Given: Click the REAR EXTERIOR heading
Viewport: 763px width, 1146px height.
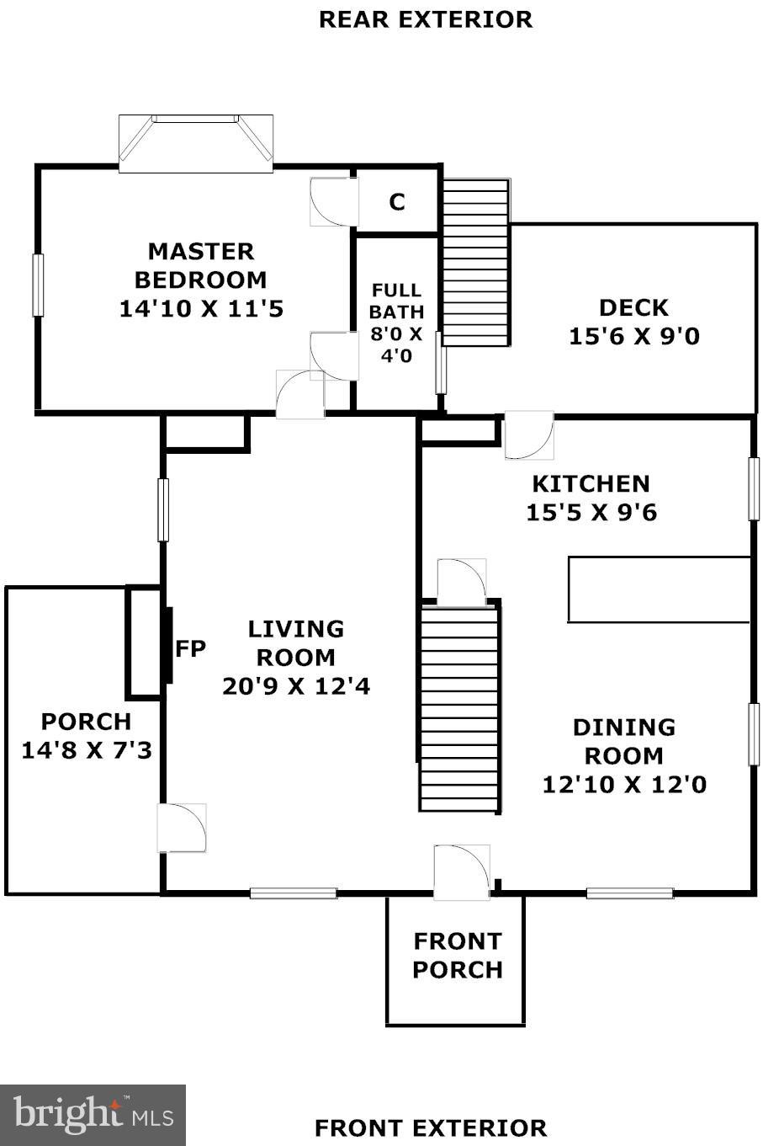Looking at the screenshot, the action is [426, 19].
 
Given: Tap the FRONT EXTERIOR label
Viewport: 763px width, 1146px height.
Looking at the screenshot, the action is [431, 1128].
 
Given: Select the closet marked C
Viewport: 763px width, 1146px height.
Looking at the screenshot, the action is [397, 202].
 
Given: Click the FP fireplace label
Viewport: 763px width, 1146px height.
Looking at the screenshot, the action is [190, 648].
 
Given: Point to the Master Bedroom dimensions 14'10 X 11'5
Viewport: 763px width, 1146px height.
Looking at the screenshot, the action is [201, 309].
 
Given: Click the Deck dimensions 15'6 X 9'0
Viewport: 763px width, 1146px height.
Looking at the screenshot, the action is [634, 337].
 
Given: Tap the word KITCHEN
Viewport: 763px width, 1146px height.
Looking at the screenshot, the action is [591, 484].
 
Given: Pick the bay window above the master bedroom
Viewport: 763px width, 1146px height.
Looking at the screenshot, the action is [196, 144].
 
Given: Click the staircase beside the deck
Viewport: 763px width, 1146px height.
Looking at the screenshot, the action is [476, 263].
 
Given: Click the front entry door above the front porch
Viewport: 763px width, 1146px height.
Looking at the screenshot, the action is [462, 871].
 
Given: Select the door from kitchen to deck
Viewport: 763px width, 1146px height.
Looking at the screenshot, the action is [529, 435].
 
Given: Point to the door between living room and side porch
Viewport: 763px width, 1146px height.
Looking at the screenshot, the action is [182, 828].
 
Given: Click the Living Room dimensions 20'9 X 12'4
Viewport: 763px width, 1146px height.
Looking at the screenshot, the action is [296, 686].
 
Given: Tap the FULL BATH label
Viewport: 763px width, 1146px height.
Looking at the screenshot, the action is [396, 301].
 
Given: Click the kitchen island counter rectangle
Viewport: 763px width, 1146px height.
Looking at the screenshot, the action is [660, 589].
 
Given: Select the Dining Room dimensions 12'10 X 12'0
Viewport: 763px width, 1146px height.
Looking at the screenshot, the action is [624, 784].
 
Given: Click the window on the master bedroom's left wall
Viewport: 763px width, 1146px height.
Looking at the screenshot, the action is [38, 285].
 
